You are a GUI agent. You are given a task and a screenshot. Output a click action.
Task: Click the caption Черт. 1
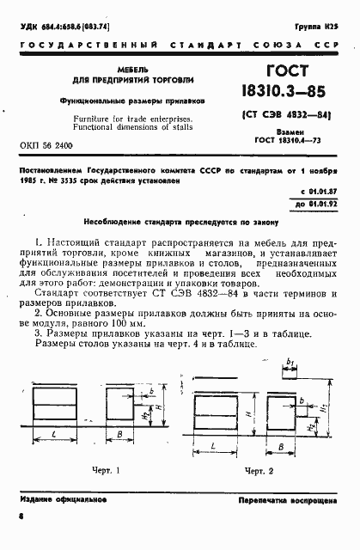click(x=106, y=470)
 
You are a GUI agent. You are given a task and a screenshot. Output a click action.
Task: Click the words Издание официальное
click(x=51, y=499)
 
